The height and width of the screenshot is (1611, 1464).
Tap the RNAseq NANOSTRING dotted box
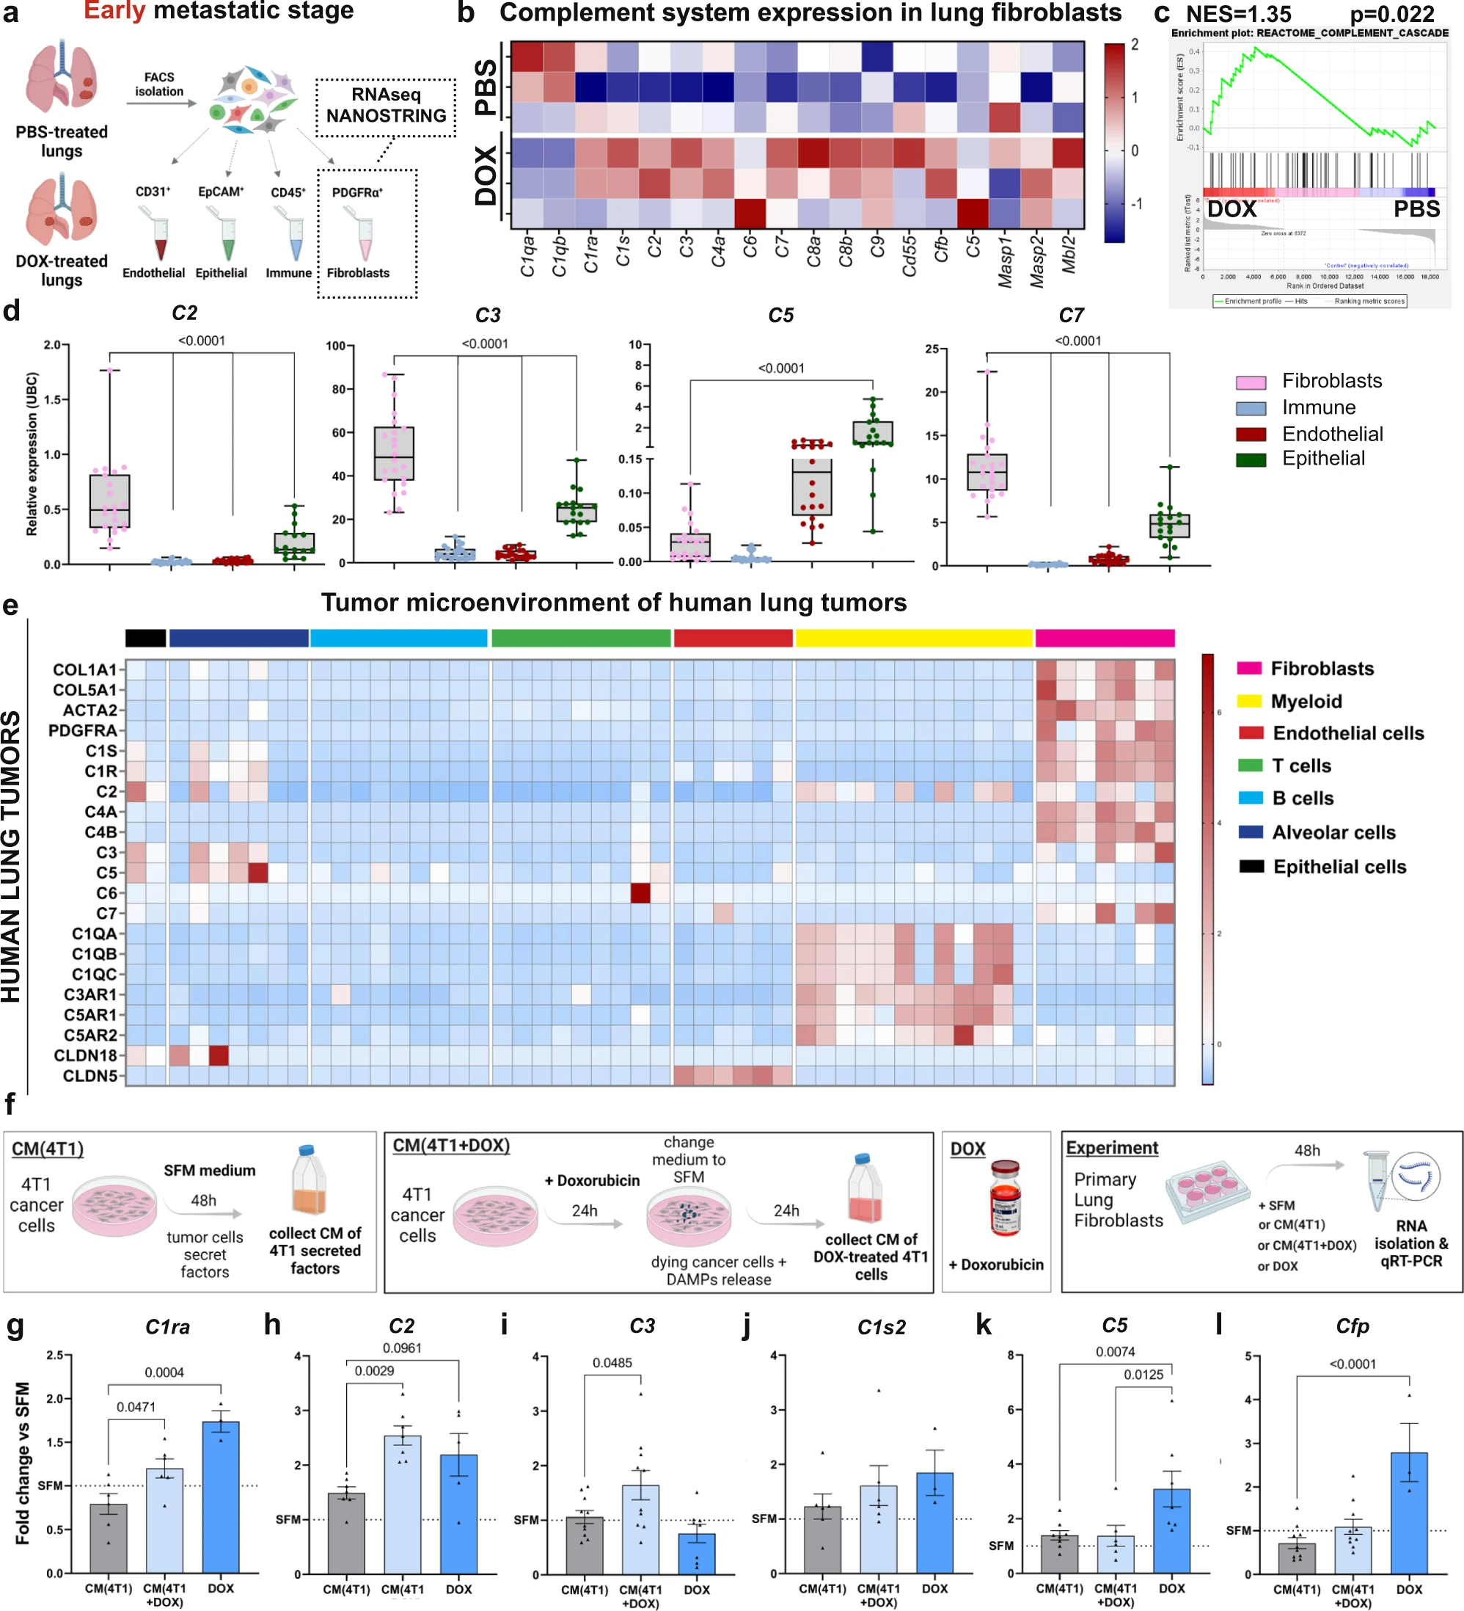click(x=386, y=106)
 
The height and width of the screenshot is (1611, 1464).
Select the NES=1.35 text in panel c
click(x=1237, y=14)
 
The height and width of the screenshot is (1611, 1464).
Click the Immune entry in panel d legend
click(x=1318, y=407)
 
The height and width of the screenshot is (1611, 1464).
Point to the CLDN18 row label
click(x=86, y=1055)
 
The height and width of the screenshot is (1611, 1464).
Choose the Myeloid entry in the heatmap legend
click(x=1306, y=701)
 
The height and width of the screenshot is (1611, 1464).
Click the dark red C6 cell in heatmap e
click(x=640, y=892)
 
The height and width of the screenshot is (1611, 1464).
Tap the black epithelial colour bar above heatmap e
click(x=145, y=637)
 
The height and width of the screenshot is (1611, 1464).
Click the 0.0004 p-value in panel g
click(x=164, y=1372)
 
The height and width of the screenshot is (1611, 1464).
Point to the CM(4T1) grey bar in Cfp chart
click(x=1295, y=1557)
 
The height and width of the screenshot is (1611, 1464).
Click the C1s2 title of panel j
click(x=881, y=1327)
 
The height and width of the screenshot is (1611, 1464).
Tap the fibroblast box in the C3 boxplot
click(x=394, y=453)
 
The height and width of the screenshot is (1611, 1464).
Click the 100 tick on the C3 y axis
click(x=335, y=346)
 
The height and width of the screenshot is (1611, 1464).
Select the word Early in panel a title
click(x=114, y=11)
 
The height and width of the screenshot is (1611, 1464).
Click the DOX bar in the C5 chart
click(x=1171, y=1530)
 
